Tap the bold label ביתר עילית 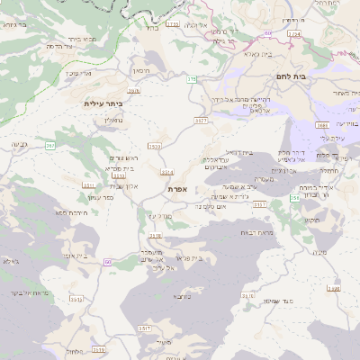click(102, 103)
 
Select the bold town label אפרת click(176, 190)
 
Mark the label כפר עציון click(102, 197)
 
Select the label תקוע click(312, 220)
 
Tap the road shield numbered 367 click(50, 145)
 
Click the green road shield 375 click(191, 80)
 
